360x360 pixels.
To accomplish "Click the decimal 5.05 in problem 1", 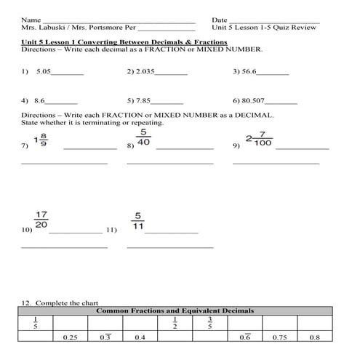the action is [41, 73].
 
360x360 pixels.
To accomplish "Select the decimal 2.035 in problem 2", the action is [145, 73].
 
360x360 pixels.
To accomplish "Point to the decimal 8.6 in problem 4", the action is [39, 101].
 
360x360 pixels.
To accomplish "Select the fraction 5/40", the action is [143, 137].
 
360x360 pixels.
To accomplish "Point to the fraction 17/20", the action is [41, 220].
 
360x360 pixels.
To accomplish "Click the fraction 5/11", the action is [139, 220].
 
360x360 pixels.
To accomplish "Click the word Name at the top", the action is [31, 19].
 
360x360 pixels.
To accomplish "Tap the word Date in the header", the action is [220, 19].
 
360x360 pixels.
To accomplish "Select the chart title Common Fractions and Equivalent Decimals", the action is [175, 311].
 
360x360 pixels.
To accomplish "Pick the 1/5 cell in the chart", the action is [35, 322].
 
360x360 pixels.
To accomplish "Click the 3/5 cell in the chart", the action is [209, 322].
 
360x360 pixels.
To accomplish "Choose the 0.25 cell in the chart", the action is [70, 337].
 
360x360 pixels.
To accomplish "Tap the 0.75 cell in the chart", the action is [279, 337].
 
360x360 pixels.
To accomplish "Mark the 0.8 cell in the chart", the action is [314, 337].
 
